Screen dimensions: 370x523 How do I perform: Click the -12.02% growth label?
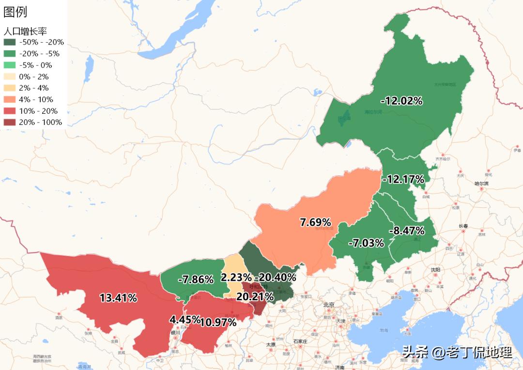(401, 101)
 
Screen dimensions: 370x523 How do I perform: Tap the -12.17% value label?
(403, 179)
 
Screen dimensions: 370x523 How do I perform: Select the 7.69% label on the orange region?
(315, 222)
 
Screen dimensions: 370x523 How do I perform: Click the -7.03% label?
(369, 243)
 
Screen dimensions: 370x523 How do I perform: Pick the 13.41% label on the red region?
(118, 298)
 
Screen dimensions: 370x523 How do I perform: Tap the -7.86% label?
(196, 279)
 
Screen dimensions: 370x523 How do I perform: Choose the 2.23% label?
(236, 277)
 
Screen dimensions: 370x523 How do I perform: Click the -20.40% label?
(275, 277)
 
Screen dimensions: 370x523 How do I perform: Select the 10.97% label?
(218, 322)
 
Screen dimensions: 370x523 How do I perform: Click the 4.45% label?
(185, 320)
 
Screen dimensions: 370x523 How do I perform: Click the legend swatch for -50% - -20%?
(10, 42)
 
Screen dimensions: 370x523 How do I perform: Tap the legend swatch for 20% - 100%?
(10, 123)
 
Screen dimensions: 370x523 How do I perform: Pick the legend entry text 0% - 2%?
(34, 77)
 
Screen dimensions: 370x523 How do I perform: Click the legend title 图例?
(15, 12)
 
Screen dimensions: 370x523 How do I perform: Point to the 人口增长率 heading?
(25, 31)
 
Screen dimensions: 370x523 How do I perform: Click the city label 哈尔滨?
(482, 184)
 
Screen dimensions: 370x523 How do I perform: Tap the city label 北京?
(329, 305)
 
